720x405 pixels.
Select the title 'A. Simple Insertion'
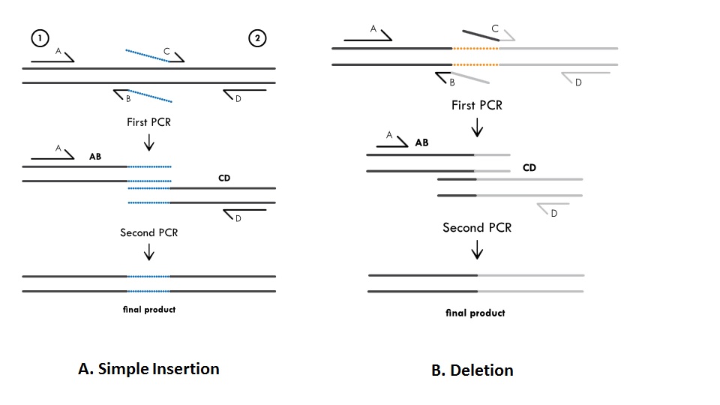[x=148, y=369]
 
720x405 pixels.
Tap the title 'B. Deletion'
[x=472, y=370]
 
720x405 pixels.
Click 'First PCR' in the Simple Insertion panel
[x=148, y=121]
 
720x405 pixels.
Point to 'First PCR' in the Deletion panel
[x=476, y=105]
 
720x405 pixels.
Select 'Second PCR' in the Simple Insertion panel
[x=148, y=232]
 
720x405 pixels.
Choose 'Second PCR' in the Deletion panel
[x=476, y=227]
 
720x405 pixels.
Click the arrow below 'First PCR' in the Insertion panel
[x=148, y=141]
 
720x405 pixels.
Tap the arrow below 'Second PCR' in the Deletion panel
[x=476, y=250]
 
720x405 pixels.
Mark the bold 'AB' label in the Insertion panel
[x=95, y=157]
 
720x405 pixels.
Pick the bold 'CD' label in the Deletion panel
[x=529, y=168]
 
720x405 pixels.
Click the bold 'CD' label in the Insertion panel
[x=223, y=178]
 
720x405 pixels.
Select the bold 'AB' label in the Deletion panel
[x=421, y=142]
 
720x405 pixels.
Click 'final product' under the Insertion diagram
[x=148, y=309]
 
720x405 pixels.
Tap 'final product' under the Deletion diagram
[x=475, y=313]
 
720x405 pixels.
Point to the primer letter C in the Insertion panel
[x=166, y=52]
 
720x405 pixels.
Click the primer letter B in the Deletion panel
[x=451, y=82]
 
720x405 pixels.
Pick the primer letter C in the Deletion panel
[x=495, y=28]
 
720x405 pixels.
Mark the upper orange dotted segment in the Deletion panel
[x=475, y=48]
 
